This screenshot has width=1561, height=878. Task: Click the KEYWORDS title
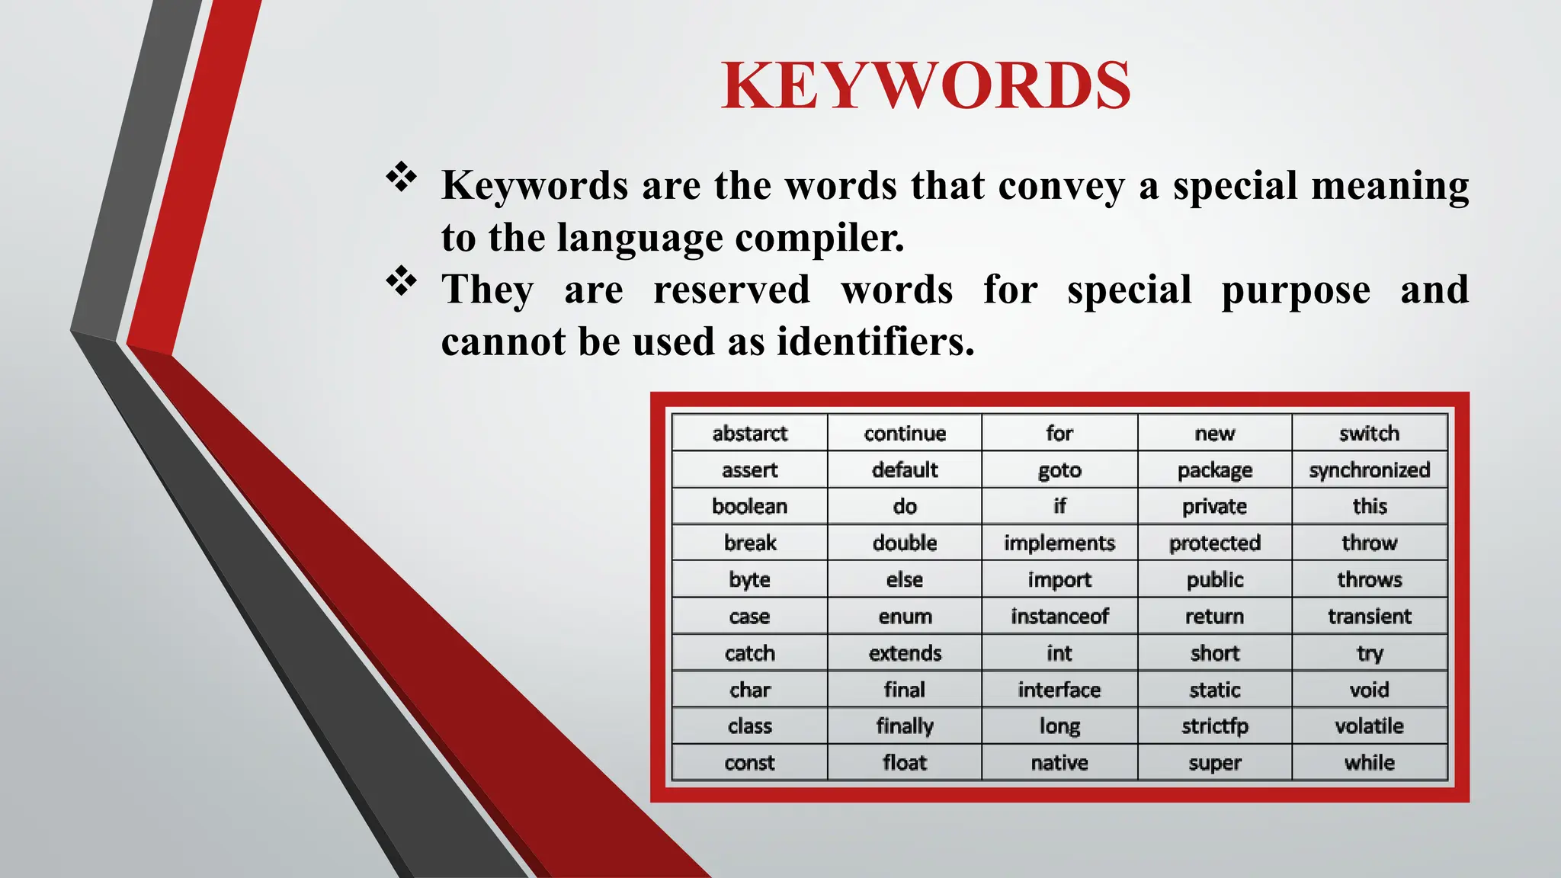click(925, 85)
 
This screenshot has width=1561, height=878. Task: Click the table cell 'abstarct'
click(749, 434)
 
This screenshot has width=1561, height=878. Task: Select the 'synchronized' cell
click(1369, 470)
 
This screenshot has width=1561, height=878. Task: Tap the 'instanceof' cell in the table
click(1059, 616)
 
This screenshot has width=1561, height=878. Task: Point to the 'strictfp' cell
click(1214, 726)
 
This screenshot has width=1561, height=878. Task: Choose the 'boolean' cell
click(749, 507)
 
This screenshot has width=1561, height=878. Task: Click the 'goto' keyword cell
click(1059, 470)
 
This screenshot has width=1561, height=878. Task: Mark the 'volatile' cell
click(1369, 726)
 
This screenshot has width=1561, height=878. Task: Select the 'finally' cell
click(905, 726)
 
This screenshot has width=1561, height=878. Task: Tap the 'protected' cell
click(1214, 543)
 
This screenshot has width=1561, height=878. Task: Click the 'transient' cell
click(1369, 616)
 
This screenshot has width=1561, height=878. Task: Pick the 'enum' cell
click(905, 616)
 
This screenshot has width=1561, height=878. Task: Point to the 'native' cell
click(1059, 763)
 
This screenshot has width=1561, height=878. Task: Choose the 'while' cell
click(1369, 763)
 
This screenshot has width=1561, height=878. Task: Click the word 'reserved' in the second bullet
click(732, 290)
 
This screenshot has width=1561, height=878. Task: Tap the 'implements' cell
click(1059, 543)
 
